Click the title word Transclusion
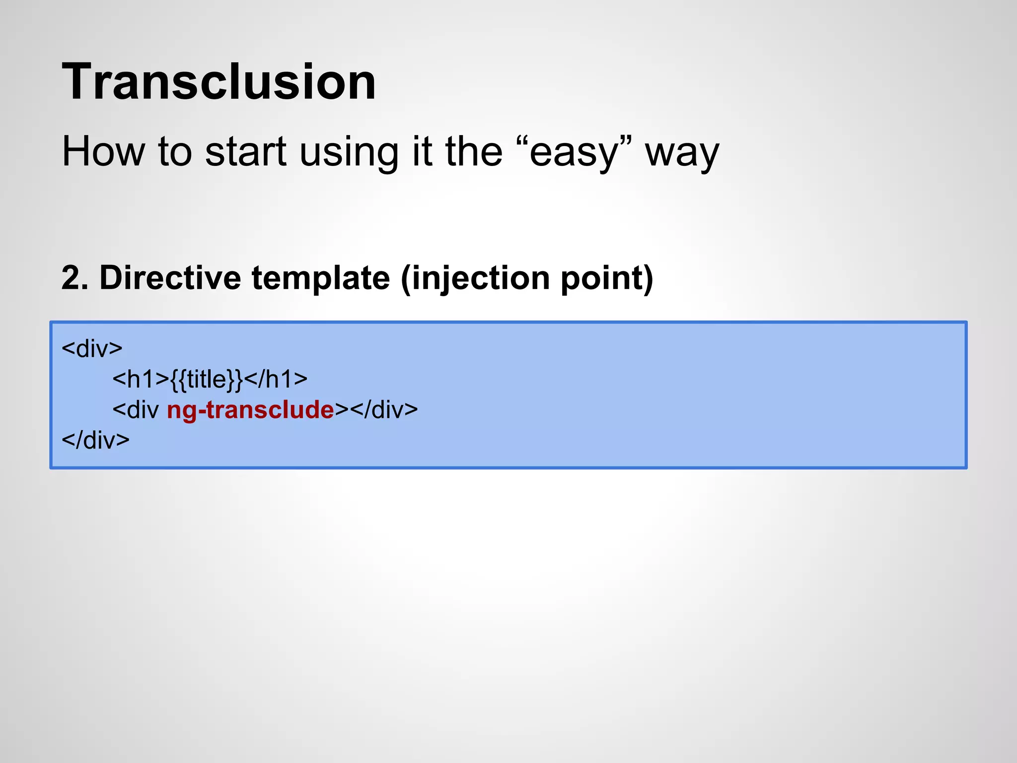pos(218,82)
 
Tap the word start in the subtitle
pos(246,152)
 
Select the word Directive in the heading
pos(170,278)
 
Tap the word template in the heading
pos(321,279)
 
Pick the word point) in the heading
pos(607,279)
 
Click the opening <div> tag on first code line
pos(92,349)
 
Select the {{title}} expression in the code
pos(207,380)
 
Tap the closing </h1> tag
pos(276,380)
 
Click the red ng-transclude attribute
pos(250,410)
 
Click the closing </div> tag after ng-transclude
pos(384,410)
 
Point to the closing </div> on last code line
pos(95,441)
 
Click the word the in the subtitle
pos(474,152)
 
